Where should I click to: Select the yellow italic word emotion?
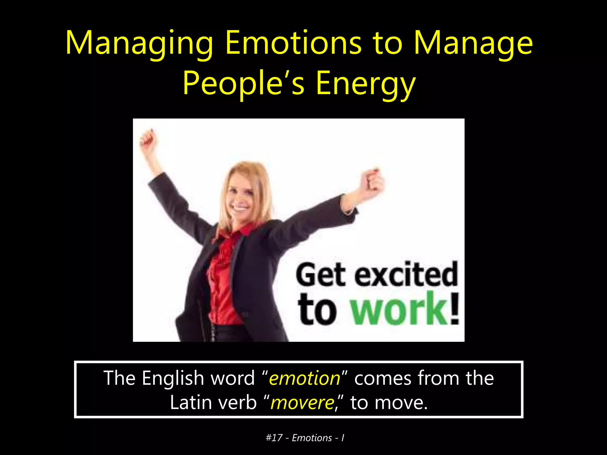304,378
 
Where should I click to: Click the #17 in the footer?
274,438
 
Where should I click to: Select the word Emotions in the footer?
312,438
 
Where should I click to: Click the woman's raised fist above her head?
148,138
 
